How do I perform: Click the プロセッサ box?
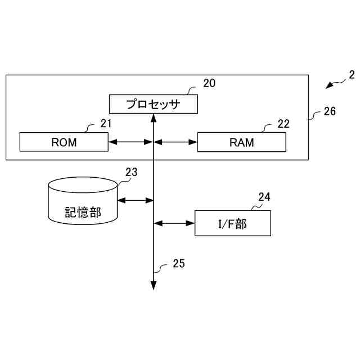click(x=153, y=104)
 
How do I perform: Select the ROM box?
click(x=64, y=142)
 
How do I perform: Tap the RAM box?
click(x=241, y=142)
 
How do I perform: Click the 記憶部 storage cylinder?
click(x=83, y=201)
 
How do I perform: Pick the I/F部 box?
click(x=232, y=223)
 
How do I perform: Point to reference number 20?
click(x=209, y=84)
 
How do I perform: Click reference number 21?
click(x=106, y=123)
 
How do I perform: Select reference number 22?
click(x=283, y=124)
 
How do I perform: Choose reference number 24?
click(x=264, y=197)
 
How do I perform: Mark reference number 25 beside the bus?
click(x=178, y=263)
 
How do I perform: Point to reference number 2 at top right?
click(x=352, y=74)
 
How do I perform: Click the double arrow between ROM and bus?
click(x=130, y=142)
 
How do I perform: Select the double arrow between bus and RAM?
click(x=175, y=142)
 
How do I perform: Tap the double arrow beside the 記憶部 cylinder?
click(x=136, y=199)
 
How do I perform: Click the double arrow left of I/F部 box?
click(x=174, y=223)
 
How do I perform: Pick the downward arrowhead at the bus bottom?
click(x=154, y=286)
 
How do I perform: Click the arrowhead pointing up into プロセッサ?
click(x=154, y=118)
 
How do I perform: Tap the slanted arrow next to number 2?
click(x=336, y=84)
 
